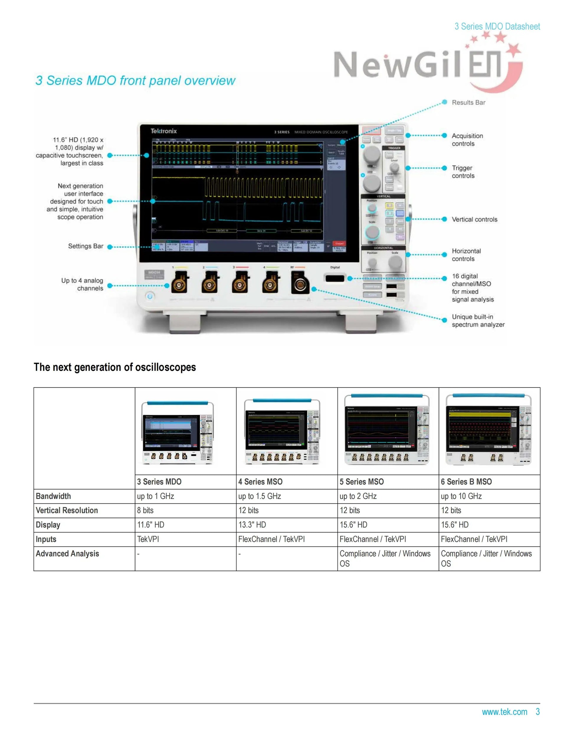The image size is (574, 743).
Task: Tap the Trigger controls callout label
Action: [463, 172]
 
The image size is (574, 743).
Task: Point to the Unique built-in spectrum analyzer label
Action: [478, 320]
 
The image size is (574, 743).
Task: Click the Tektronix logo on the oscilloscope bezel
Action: [164, 131]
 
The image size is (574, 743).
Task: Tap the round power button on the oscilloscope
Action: [150, 296]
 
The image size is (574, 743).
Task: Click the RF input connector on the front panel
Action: [300, 284]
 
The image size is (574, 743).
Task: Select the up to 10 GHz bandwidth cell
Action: [461, 496]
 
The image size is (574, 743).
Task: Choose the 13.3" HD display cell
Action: [252, 525]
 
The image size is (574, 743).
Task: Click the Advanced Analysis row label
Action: [67, 554]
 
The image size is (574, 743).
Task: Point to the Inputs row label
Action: [46, 539]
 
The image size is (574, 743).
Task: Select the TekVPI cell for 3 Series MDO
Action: [148, 539]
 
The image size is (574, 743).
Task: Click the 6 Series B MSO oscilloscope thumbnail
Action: [489, 430]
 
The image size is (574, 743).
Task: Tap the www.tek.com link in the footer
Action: [504, 712]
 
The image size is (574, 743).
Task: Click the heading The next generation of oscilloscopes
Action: [115, 367]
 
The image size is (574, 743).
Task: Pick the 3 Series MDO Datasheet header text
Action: [497, 26]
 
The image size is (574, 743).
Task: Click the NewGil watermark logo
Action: [425, 65]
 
